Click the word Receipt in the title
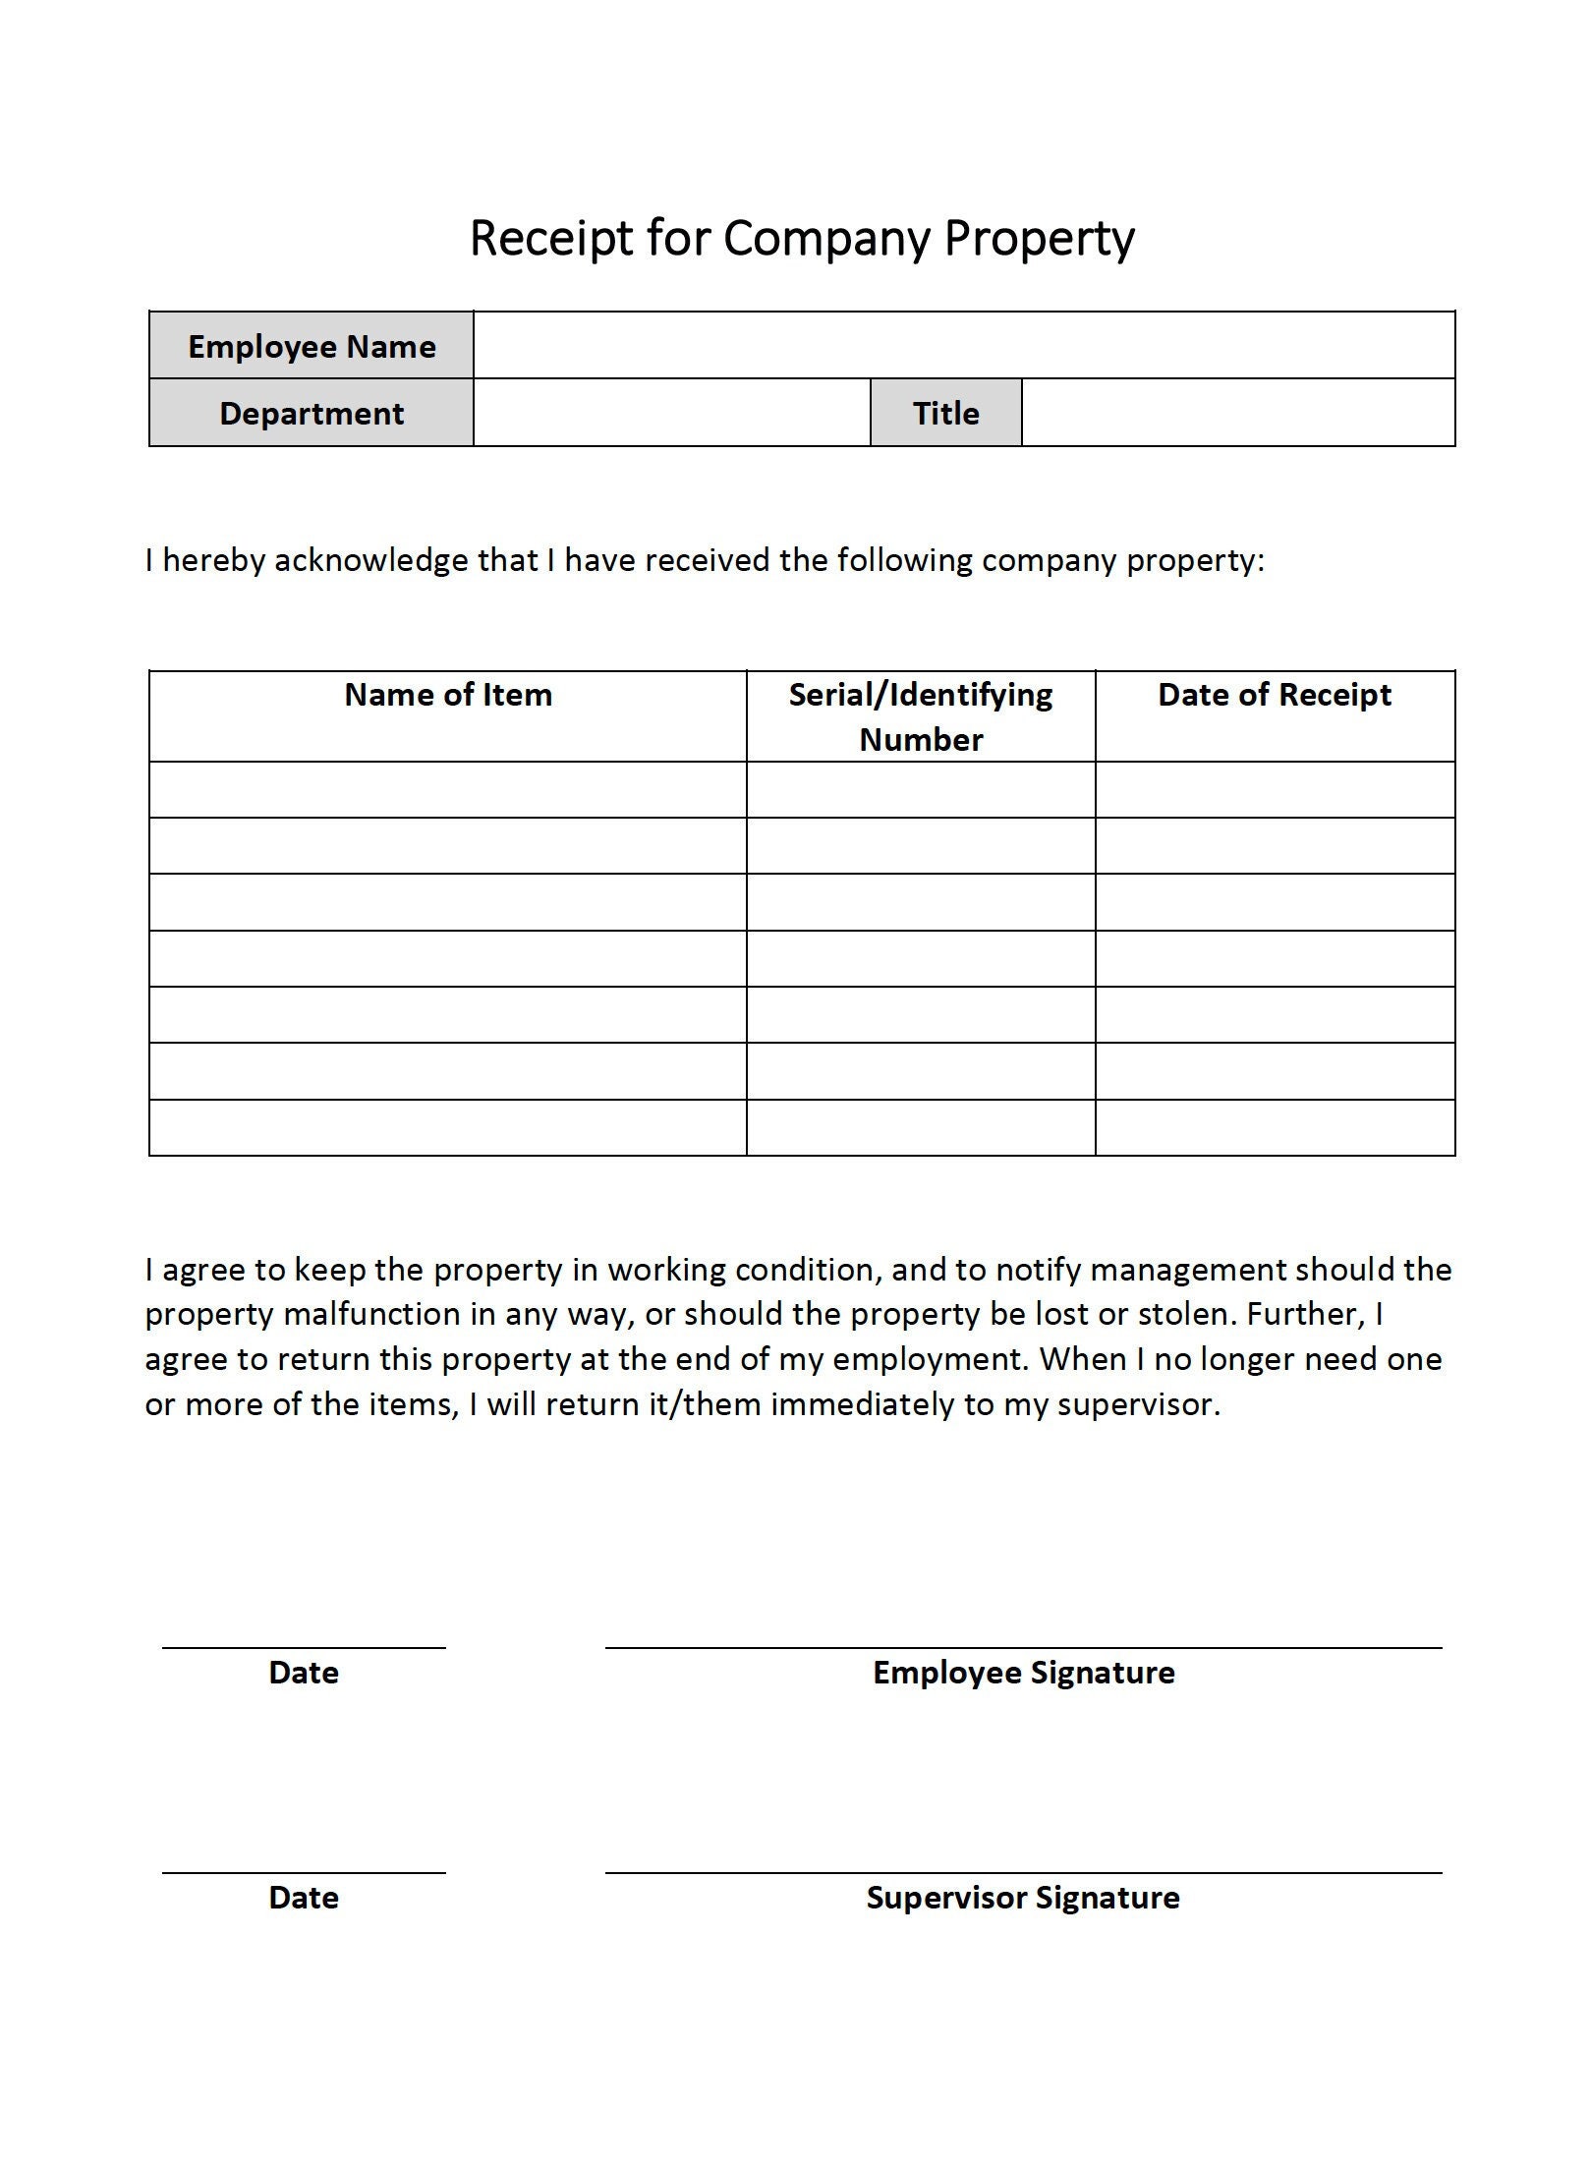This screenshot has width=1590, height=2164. click(x=551, y=239)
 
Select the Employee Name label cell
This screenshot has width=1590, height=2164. click(x=312, y=346)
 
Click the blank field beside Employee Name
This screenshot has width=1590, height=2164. click(x=963, y=346)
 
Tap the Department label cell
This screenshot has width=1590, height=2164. click(x=312, y=413)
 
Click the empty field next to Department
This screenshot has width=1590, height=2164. click(x=671, y=413)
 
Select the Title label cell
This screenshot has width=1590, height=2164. click(x=945, y=413)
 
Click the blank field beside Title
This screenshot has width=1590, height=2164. click(x=1237, y=413)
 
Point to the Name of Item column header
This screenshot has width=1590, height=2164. click(x=448, y=696)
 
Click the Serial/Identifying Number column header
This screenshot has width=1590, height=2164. click(x=921, y=716)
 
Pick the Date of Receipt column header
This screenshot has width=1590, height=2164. click(x=1275, y=696)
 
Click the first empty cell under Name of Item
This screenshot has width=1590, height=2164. click(x=448, y=790)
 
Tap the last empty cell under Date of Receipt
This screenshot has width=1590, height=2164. click(x=1275, y=1127)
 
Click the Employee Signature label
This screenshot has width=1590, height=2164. click(x=1023, y=1673)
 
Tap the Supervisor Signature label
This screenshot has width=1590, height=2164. click(x=1023, y=1898)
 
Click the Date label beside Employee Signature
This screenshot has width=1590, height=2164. click(x=304, y=1673)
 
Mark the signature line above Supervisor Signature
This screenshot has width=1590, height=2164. click(x=1023, y=1872)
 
